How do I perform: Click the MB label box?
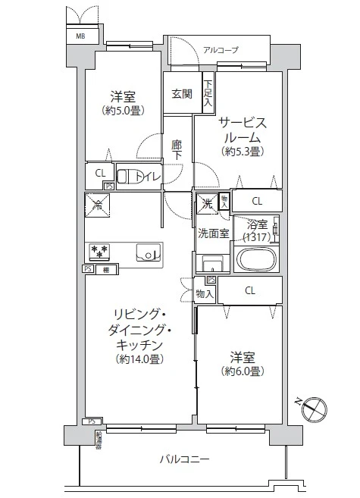(80, 36)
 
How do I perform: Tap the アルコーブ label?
(220, 49)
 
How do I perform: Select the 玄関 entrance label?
(181, 94)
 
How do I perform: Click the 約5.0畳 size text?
(123, 111)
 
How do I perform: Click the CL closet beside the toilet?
(100, 174)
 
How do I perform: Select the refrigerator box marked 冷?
(98, 203)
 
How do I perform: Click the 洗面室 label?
(214, 233)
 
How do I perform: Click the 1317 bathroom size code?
(257, 237)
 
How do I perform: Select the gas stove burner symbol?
(100, 251)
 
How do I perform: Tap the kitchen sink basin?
(149, 253)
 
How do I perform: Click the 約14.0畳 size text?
(139, 359)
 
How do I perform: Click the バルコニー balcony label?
(184, 459)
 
